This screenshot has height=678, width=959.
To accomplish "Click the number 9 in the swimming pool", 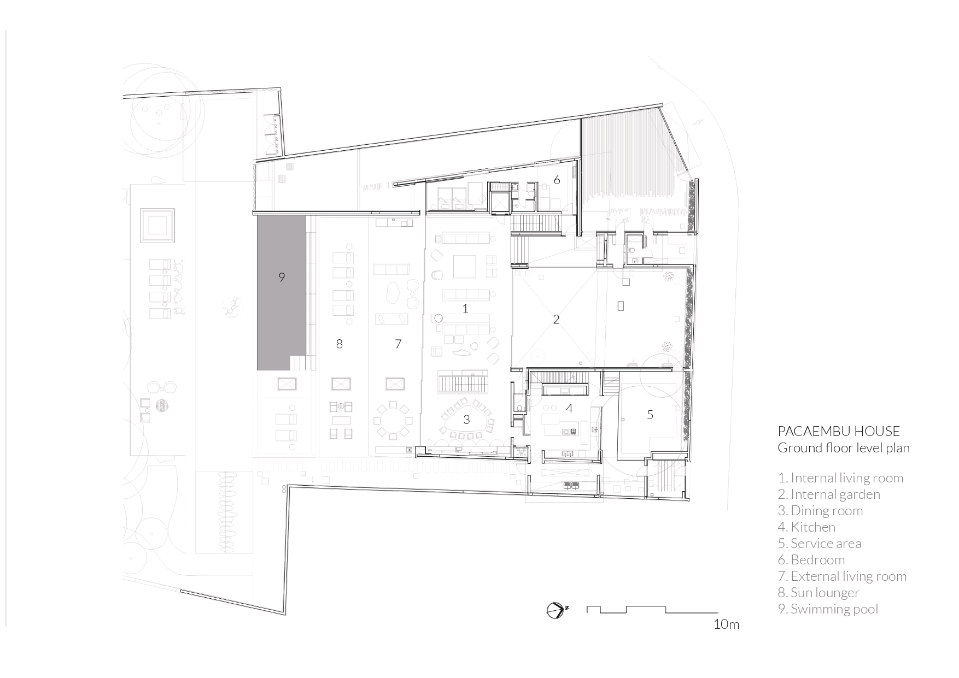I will click(x=282, y=278).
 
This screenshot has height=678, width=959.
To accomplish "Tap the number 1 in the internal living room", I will click(x=465, y=309).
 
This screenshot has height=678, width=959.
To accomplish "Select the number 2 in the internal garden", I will click(x=556, y=320).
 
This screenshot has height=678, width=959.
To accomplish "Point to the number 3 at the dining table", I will click(x=466, y=420).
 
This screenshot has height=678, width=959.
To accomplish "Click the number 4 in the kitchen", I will click(x=569, y=408).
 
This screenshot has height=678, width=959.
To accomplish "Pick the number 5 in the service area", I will click(x=650, y=415).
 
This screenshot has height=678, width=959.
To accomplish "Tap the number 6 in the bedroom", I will click(x=557, y=180).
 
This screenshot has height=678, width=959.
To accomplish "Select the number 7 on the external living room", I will click(x=398, y=344).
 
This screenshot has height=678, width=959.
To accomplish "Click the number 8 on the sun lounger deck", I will click(x=340, y=344).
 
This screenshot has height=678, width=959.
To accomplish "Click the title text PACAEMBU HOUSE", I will click(x=838, y=431).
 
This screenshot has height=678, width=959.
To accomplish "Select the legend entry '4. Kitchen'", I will click(x=806, y=527).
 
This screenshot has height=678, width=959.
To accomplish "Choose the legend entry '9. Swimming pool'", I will click(x=828, y=609).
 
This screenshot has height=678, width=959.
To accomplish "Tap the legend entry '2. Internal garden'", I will click(x=829, y=494).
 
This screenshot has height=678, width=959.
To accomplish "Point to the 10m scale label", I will click(x=726, y=624).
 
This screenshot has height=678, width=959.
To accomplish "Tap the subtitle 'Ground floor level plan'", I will click(x=844, y=449).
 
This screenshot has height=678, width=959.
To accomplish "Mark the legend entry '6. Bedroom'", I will click(x=811, y=560).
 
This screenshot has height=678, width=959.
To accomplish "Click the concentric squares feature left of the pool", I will click(x=157, y=225).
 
